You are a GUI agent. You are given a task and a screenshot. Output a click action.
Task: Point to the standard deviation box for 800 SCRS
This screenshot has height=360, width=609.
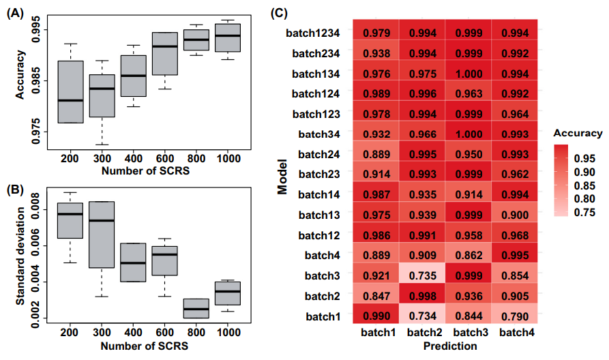(196, 308)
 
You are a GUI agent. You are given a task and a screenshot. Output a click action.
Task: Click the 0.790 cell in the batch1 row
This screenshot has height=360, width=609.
(515, 318)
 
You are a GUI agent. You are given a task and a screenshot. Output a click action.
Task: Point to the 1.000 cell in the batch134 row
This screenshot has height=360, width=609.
(469, 73)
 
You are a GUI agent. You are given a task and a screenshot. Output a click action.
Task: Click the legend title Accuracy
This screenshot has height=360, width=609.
(578, 133)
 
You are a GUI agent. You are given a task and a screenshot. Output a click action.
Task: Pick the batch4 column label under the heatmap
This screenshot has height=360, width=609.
(515, 333)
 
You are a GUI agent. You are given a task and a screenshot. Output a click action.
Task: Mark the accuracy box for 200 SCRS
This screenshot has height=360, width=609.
(71, 91)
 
